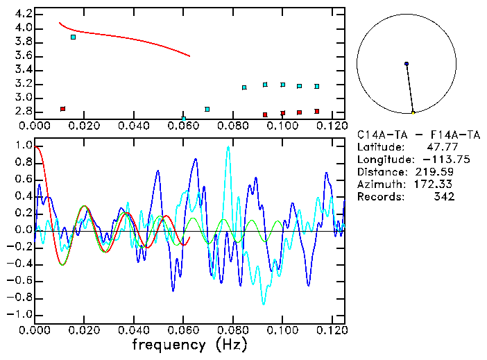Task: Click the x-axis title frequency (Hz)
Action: [189, 345]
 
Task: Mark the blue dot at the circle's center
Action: [407, 64]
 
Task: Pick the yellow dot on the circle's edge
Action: [413, 112]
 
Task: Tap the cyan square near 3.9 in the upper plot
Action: [73, 37]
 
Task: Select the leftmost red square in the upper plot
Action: [62, 109]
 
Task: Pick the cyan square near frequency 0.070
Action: [207, 109]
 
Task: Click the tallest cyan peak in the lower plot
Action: [228, 148]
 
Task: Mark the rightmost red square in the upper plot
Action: [316, 111]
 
